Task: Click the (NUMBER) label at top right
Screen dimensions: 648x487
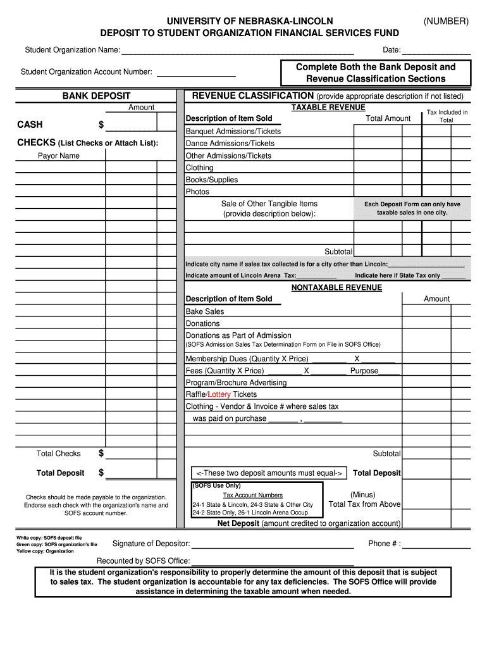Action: click(446, 22)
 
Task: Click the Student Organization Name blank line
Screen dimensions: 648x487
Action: click(237, 51)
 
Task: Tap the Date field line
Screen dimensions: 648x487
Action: click(436, 51)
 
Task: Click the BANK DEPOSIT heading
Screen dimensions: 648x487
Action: click(96, 96)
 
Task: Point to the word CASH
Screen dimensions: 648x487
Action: click(30, 125)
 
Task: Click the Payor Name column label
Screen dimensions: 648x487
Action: click(59, 156)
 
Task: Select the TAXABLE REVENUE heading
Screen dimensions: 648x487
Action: click(328, 108)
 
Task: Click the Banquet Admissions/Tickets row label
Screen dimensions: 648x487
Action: click(233, 131)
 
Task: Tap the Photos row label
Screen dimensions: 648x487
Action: click(197, 192)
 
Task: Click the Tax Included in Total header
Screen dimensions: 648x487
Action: click(447, 116)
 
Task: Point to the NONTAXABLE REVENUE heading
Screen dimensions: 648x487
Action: click(336, 287)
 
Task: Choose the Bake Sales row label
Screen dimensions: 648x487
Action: click(204, 311)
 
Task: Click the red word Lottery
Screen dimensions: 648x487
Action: click(219, 394)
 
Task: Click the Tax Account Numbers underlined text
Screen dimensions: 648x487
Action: click(252, 495)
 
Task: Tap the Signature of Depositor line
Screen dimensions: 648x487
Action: click(272, 544)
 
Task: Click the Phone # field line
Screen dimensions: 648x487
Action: click(436, 544)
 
